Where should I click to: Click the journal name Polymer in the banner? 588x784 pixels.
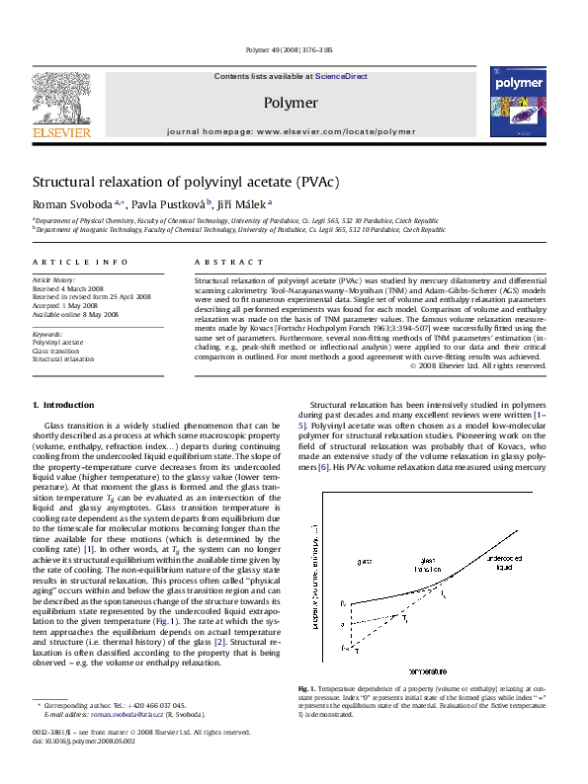coord(291,102)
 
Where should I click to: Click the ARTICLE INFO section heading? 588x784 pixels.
coord(68,262)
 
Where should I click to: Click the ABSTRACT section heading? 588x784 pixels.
coord(214,262)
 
